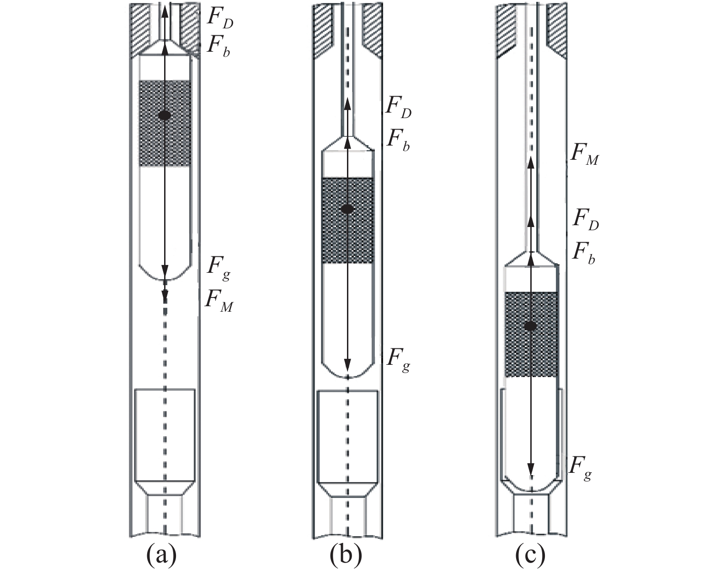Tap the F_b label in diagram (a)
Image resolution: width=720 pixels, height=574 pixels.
218,46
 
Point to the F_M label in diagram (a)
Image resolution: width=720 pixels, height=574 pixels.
219,301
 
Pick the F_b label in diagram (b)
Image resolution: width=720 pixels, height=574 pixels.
398,139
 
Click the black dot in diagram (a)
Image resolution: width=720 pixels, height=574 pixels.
165,115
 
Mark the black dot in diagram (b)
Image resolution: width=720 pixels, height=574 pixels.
347,209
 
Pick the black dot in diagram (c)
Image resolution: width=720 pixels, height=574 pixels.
530,326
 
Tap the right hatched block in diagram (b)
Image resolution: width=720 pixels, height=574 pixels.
372,30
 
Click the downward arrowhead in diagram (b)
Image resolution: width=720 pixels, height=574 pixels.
347,365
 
